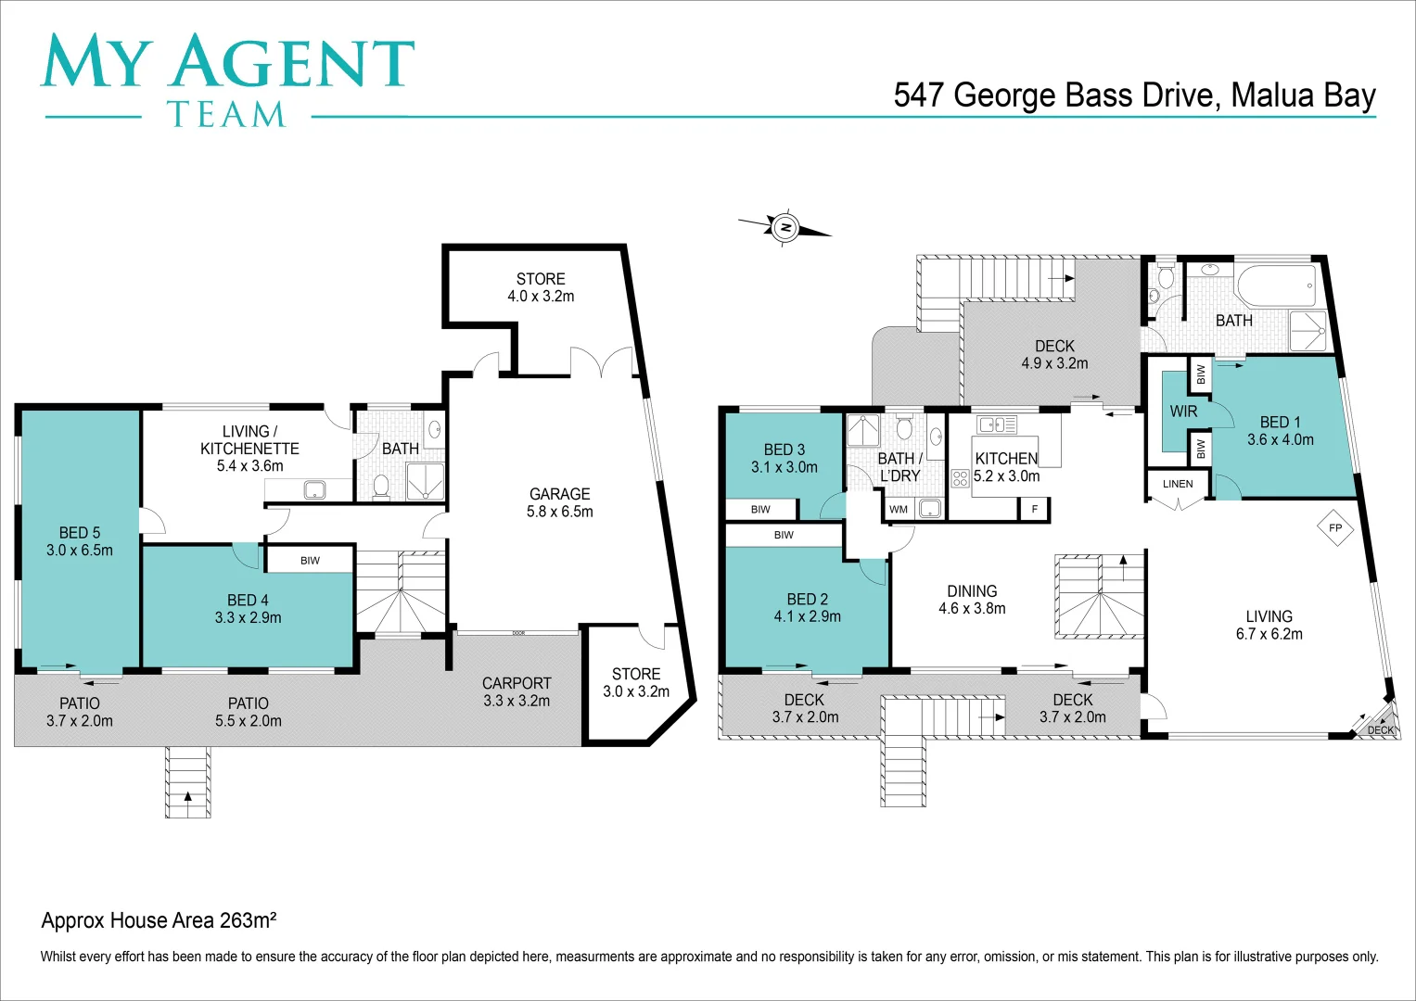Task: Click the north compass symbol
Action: tap(785, 227)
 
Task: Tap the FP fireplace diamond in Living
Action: tap(1335, 528)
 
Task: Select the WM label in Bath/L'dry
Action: tap(899, 509)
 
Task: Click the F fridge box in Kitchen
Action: tap(1035, 509)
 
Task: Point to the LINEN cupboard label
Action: tap(1178, 484)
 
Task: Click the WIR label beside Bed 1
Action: tap(1183, 411)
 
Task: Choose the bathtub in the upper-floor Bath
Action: tap(1276, 286)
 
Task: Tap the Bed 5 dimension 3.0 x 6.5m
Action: tap(80, 550)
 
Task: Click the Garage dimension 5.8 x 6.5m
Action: tap(559, 511)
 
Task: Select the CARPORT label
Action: tap(517, 683)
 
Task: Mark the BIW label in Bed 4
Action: tap(310, 560)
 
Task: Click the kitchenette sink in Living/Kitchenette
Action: tap(314, 489)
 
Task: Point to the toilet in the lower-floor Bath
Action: tap(380, 486)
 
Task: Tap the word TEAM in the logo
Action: tap(226, 115)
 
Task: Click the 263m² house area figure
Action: tap(248, 920)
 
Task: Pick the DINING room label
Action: tap(972, 591)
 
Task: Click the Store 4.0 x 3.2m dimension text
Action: tap(541, 297)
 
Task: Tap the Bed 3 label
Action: tap(784, 450)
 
